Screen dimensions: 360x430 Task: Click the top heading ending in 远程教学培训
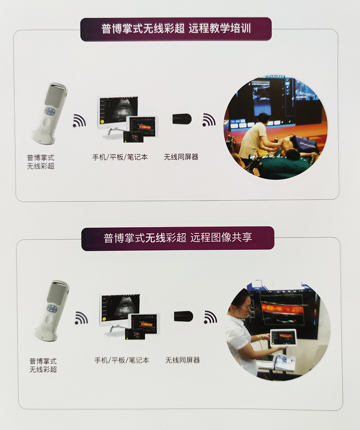[x=176, y=29]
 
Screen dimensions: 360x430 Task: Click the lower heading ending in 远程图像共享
[x=178, y=237]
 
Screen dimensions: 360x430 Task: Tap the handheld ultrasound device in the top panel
[x=49, y=113]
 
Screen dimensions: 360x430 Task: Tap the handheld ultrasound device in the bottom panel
[x=51, y=311]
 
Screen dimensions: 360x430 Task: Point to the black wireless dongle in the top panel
[x=182, y=119]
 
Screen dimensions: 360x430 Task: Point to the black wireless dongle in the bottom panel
[x=183, y=316]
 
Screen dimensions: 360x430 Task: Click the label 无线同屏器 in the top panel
[x=181, y=157]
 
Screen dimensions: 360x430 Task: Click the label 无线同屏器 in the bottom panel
[x=182, y=360]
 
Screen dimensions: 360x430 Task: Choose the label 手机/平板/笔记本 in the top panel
[x=120, y=157]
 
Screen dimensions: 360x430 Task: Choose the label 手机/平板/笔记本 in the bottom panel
[x=122, y=360]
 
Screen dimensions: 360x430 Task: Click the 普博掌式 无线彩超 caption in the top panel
[x=41, y=162]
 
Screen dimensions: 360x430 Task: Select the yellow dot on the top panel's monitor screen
[x=103, y=121]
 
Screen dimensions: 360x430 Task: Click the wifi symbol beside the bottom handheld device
[x=82, y=317]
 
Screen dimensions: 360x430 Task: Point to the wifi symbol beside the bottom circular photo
[x=211, y=317]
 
